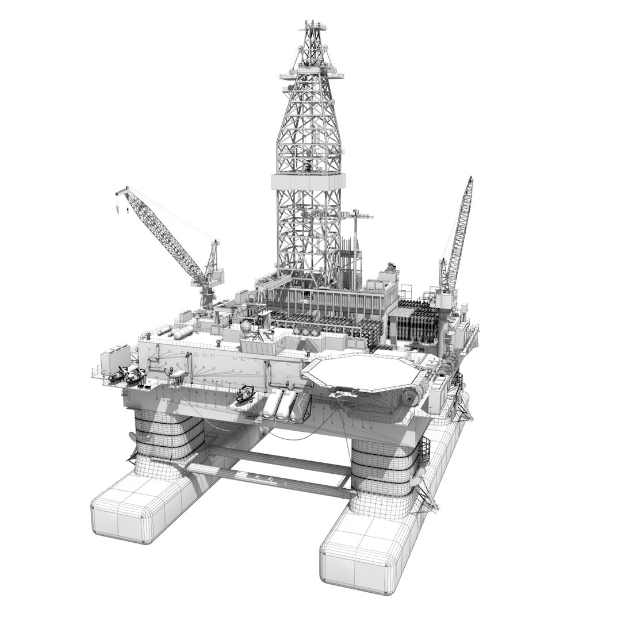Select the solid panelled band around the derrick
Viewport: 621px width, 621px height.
[x=309, y=182]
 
